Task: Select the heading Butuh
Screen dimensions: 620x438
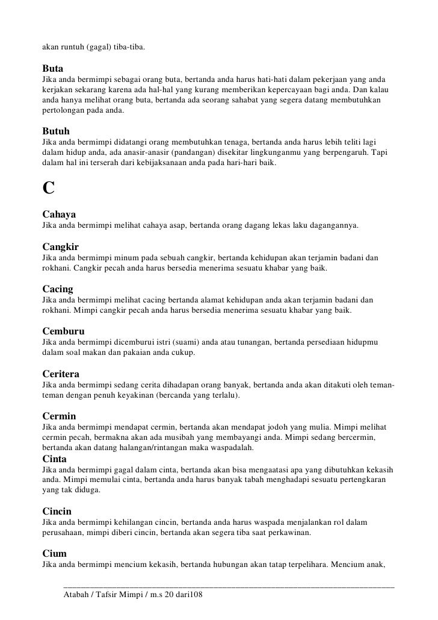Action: tap(57, 131)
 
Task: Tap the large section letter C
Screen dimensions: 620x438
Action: tap(49, 188)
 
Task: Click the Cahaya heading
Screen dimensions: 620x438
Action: tap(59, 214)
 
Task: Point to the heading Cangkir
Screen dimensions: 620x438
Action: tap(61, 246)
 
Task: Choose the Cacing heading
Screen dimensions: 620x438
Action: tap(58, 289)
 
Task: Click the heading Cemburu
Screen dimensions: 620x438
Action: tap(64, 331)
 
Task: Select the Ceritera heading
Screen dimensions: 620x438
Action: tap(61, 374)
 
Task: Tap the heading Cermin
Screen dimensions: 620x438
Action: tap(59, 416)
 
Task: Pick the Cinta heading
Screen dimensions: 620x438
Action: tap(54, 459)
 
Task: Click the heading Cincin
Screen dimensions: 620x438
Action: tap(57, 511)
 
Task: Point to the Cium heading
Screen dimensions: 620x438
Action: tap(55, 553)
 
